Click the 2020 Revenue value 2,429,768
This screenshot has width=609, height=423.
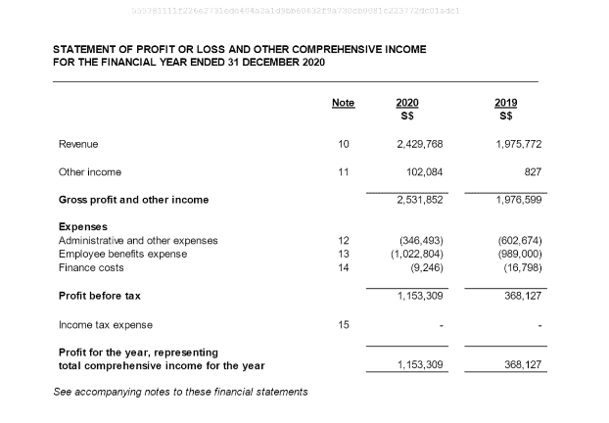pyautogui.click(x=420, y=144)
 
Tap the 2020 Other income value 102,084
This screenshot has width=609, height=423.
pyautogui.click(x=425, y=172)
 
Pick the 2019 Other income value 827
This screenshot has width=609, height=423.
pyautogui.click(x=533, y=172)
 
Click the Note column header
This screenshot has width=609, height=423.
pyautogui.click(x=343, y=103)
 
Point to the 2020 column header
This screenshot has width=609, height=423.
pyautogui.click(x=407, y=103)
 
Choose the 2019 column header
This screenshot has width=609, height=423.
pyautogui.click(x=506, y=103)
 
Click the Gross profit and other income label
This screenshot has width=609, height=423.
pyautogui.click(x=134, y=200)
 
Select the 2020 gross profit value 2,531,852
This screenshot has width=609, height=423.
pyautogui.click(x=420, y=200)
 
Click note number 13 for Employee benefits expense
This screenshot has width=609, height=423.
pyautogui.click(x=343, y=254)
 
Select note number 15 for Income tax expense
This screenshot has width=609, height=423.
pyautogui.click(x=343, y=324)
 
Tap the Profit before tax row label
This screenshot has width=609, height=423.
pyautogui.click(x=100, y=295)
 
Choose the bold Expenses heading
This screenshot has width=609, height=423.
pyautogui.click(x=83, y=227)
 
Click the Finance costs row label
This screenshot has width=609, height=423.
pyautogui.click(x=91, y=267)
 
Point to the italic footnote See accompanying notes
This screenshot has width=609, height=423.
pyautogui.click(x=180, y=392)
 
